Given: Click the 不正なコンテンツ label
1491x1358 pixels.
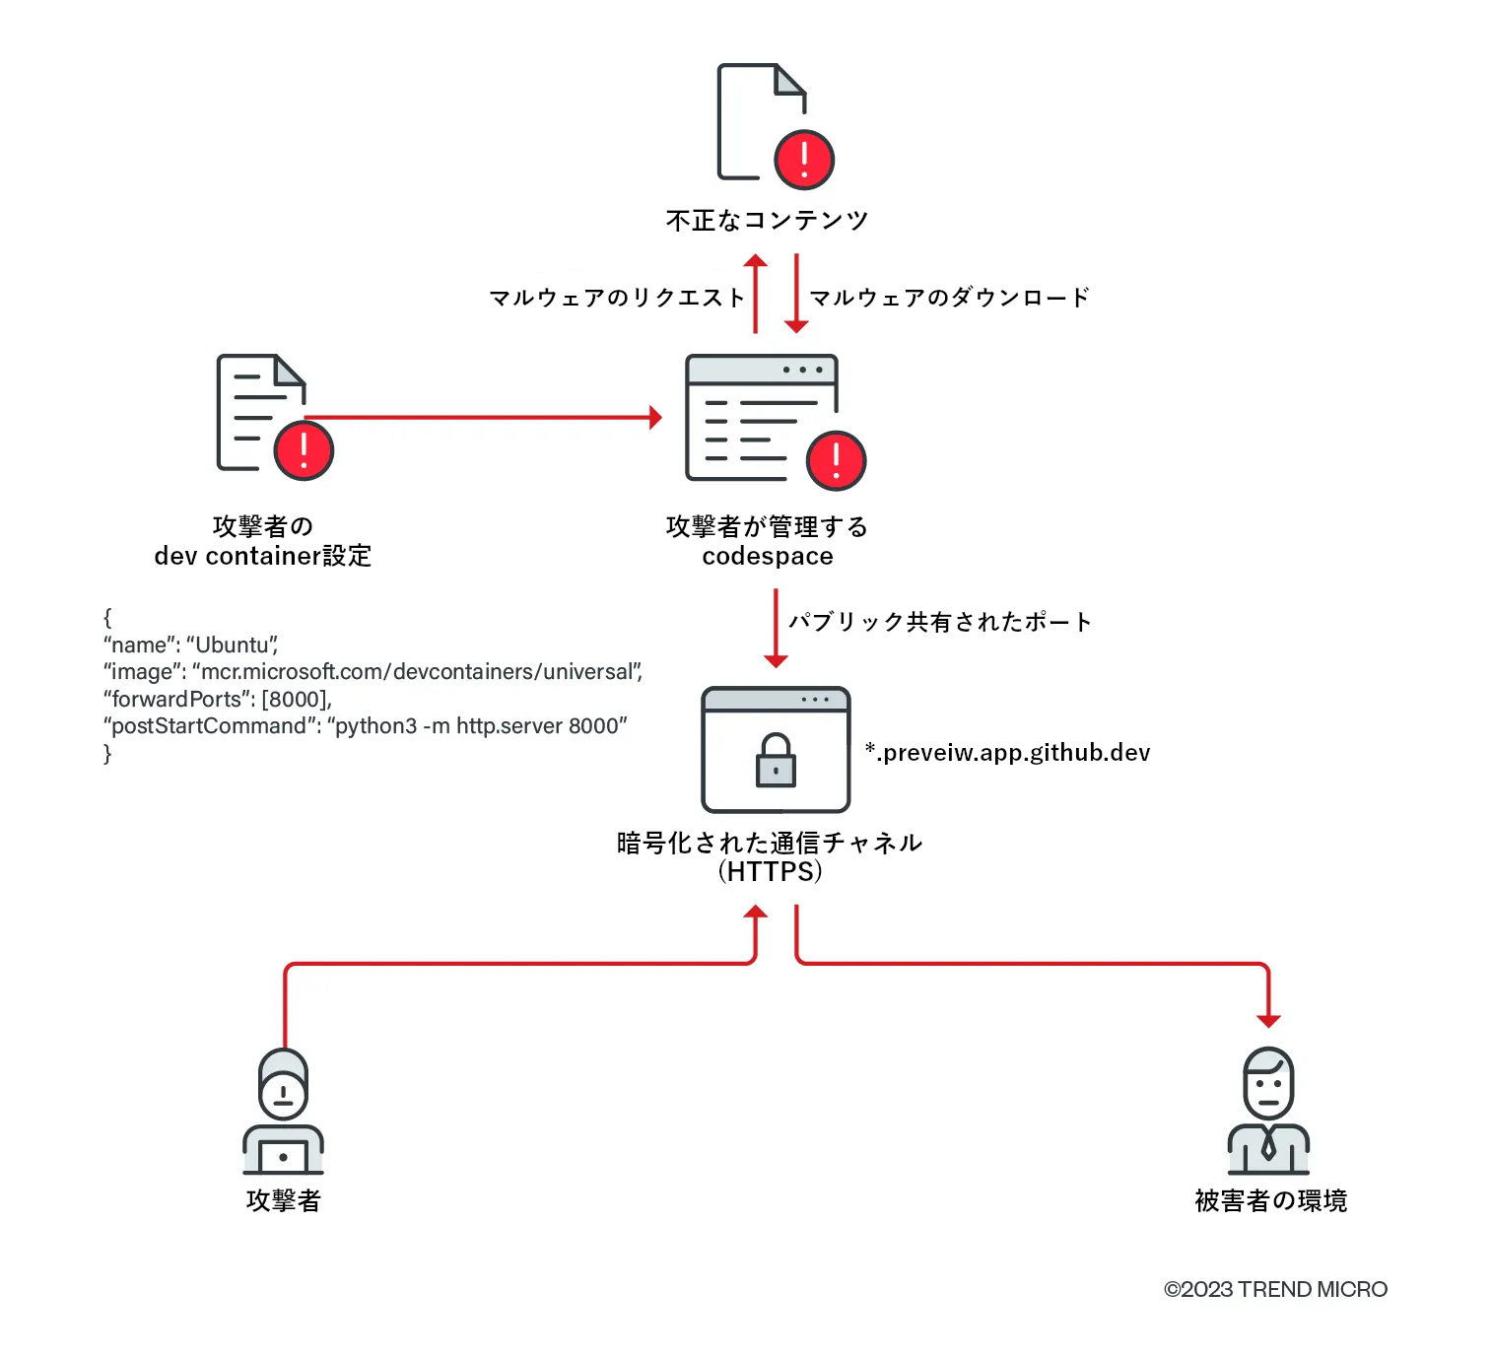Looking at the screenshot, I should point(767,220).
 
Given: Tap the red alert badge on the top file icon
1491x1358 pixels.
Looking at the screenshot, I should point(804,160).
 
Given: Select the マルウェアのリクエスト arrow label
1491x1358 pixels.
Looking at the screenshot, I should point(617,298).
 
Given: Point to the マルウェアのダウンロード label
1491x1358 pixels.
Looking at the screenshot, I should point(949,298).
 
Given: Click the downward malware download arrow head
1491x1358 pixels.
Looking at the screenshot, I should point(796,326).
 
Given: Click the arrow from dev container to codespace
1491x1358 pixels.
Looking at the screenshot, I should point(483,418).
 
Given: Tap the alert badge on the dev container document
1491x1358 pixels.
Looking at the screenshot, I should point(304,450).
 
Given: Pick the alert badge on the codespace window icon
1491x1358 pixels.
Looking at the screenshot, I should point(836,460).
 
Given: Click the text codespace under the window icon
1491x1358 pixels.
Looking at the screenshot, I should point(768,557).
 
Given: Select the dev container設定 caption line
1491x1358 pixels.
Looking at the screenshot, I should point(263,557).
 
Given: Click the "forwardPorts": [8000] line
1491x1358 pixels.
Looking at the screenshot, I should point(218,700).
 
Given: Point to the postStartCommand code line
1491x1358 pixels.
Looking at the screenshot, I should point(365,726).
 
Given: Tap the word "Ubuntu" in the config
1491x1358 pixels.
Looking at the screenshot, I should point(233,645).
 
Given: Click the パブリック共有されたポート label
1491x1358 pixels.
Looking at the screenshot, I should point(940,622).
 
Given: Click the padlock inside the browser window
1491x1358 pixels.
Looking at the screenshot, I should point(776,761).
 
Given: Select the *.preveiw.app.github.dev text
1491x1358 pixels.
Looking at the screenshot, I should point(1007,753).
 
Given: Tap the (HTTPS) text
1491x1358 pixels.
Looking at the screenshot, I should point(770,872).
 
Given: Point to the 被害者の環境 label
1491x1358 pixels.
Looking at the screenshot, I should point(1270,1200).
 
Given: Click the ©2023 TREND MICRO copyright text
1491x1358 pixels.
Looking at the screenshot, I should point(1275,1289).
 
